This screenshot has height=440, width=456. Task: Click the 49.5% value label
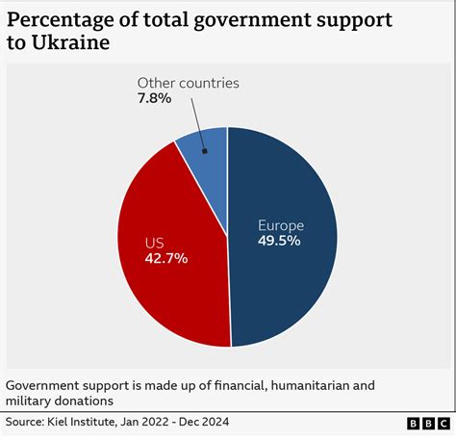click(x=279, y=241)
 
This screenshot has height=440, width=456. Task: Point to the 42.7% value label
click(x=166, y=258)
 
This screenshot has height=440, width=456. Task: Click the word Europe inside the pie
click(x=280, y=225)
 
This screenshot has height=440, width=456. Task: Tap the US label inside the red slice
click(x=156, y=243)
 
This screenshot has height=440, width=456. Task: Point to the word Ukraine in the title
click(x=72, y=44)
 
